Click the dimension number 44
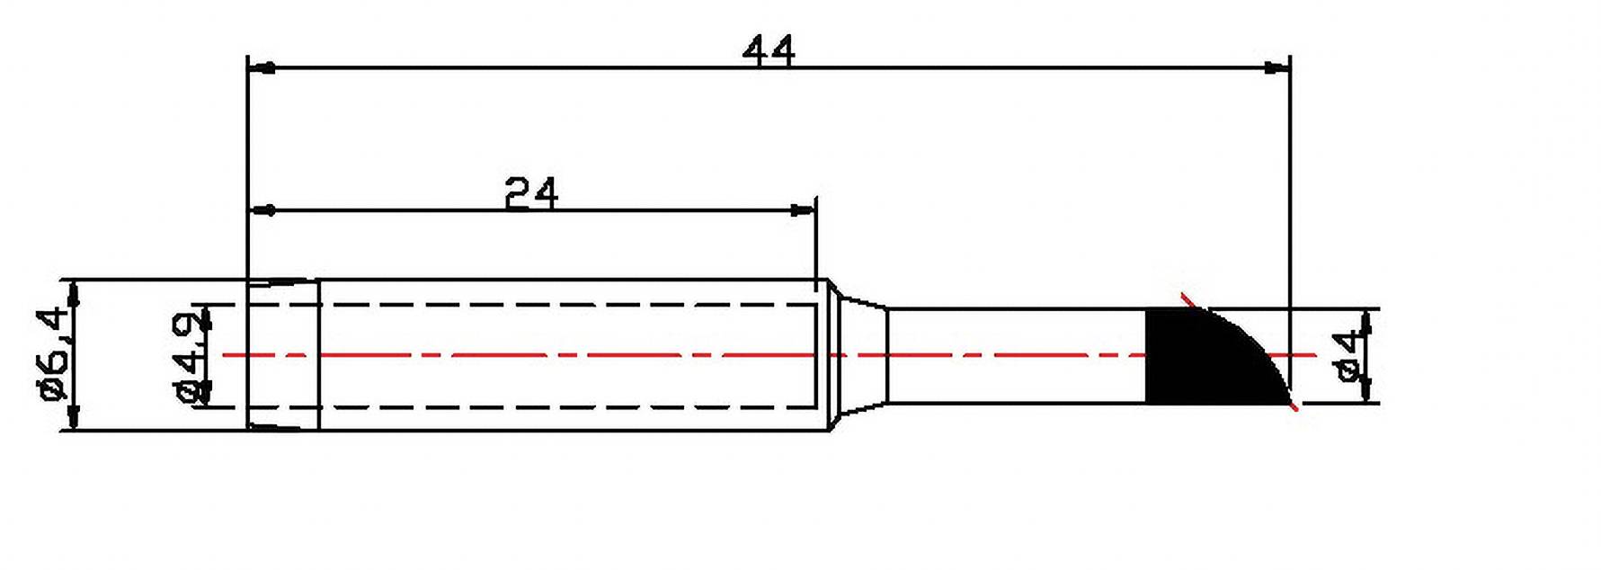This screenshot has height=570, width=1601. click(769, 51)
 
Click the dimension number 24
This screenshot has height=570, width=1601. click(530, 193)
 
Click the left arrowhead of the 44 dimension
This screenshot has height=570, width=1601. click(262, 67)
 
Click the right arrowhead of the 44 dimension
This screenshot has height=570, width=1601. click(1276, 67)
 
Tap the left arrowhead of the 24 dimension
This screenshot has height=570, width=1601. click(262, 210)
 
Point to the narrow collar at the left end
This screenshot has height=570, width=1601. click(283, 356)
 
